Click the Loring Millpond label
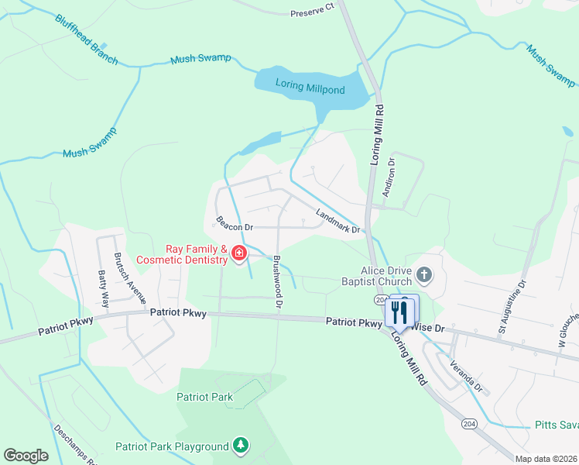tap(311, 90)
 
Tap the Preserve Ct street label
tap(312, 13)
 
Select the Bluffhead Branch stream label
tap(87, 39)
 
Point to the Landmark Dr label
tap(338, 220)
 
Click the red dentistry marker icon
tap(239, 253)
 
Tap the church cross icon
tap(423, 274)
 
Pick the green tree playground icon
tap(242, 445)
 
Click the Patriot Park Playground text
tap(172, 446)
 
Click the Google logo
tap(26, 455)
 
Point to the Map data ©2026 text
tap(546, 459)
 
